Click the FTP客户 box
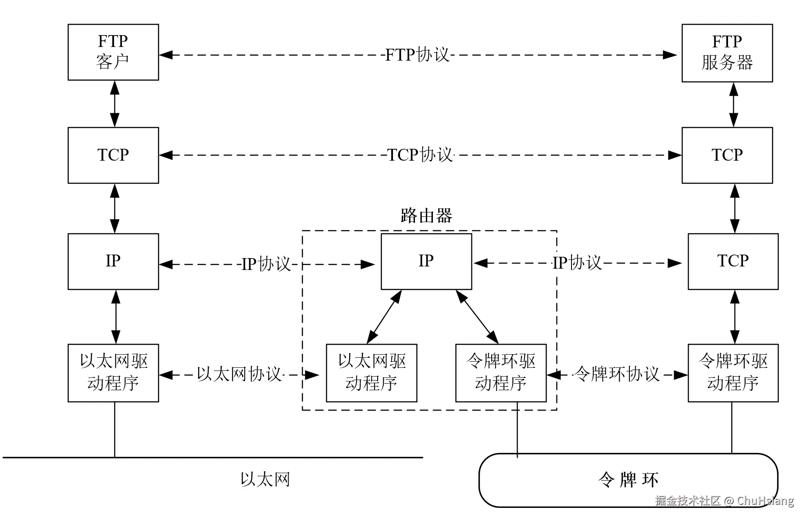pos(113,52)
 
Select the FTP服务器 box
pos(727,53)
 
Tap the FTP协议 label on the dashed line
pos(417,55)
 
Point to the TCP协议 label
pos(420,155)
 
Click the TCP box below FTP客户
pos(113,155)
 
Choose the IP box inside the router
pos(426,261)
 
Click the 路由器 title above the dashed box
pos(426,216)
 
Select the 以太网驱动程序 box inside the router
pos(371,373)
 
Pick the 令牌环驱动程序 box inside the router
pos(501,373)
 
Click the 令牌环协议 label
pos(616,374)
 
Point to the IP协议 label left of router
pos(266,264)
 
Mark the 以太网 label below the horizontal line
pos(265,479)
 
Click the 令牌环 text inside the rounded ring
pos(628,480)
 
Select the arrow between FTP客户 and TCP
pos(114,104)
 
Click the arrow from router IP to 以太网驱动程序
pos(384,317)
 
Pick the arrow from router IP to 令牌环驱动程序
pos(477,317)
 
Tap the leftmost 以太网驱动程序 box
pos(113,373)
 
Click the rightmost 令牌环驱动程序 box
pos(733,373)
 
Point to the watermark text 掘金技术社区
pos(687,501)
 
